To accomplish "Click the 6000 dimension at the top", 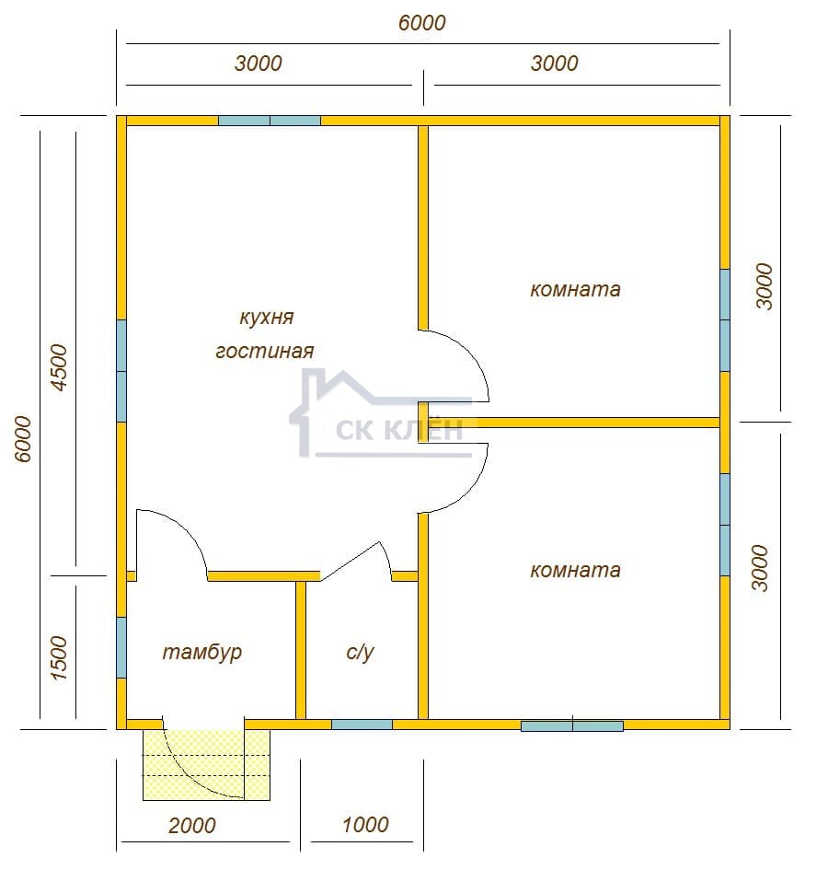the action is [x=421, y=23].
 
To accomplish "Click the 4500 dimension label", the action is [x=59, y=367].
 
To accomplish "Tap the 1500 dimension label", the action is [x=59, y=658].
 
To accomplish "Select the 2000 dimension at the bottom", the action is [x=191, y=825].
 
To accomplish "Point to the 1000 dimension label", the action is [x=365, y=824].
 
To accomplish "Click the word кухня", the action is [x=266, y=318].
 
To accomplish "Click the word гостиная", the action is [x=265, y=351].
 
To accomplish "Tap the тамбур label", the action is [x=202, y=652].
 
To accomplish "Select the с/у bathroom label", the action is [x=360, y=652].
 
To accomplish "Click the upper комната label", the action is [x=575, y=289].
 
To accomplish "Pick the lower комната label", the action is [x=575, y=570].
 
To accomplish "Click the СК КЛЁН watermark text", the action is [x=399, y=431].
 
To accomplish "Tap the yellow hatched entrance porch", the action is [x=206, y=765].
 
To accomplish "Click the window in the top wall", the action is [x=270, y=121].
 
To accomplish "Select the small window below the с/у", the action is [x=362, y=725].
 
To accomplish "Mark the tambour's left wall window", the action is [x=121, y=647].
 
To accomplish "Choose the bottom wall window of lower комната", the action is [x=572, y=725].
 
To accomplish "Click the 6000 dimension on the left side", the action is [x=23, y=438].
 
